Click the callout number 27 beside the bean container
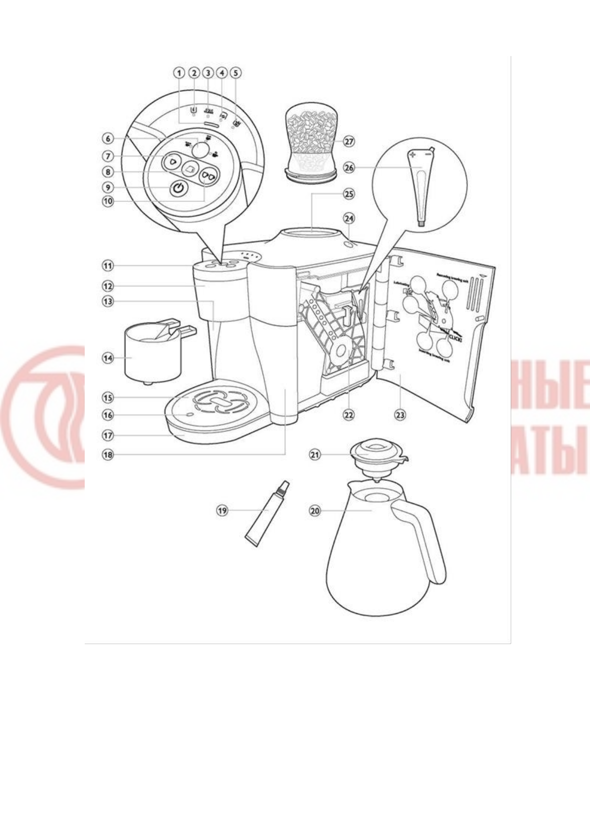349,141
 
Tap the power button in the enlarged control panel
179,188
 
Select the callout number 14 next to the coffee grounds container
108,358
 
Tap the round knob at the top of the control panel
200,149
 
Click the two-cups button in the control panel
208,177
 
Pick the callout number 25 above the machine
349,194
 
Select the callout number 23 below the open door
400,415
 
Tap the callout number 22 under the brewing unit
349,415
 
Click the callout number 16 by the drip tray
108,415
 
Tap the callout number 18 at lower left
108,455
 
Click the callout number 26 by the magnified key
349,168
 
